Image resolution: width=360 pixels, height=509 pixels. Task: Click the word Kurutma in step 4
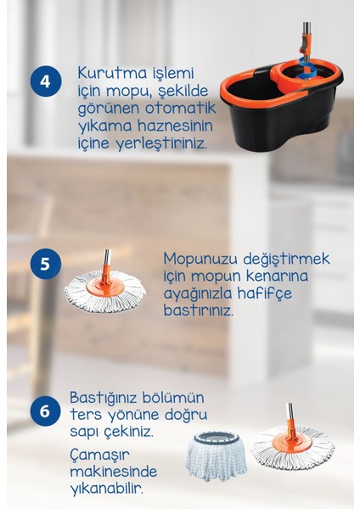106,73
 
